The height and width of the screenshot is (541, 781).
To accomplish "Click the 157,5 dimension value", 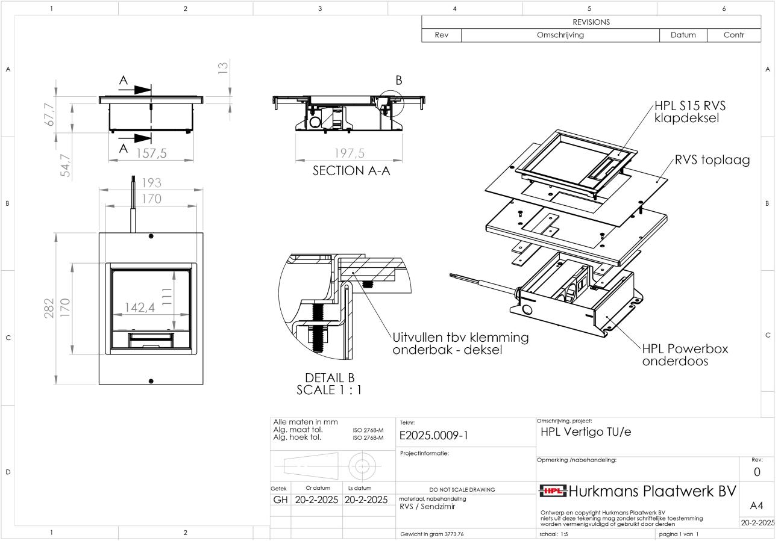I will [151, 153].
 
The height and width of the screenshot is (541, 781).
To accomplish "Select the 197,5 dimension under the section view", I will [350, 155].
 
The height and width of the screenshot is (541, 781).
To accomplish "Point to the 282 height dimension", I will [50, 308].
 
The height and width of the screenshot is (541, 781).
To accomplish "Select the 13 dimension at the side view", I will [223, 69].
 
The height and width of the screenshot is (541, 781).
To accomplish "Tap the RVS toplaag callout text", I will [713, 161].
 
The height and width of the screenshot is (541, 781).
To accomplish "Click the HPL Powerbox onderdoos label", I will [685, 354].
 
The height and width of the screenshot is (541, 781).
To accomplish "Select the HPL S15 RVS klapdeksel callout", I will [690, 111].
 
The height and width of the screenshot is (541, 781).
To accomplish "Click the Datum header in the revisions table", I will [683, 35].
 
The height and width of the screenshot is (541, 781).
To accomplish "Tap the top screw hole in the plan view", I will [151, 236].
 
